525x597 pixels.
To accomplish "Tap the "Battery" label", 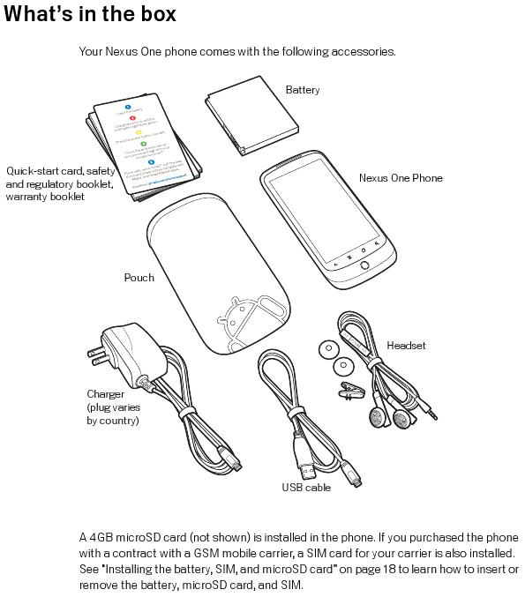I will (x=303, y=90).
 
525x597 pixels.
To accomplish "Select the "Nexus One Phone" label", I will (x=400, y=178).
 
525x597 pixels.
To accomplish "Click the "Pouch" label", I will (x=139, y=278).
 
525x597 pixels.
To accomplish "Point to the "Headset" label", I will (x=406, y=346).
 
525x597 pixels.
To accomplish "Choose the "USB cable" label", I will (x=306, y=487).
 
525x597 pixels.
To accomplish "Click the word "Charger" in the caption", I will (x=105, y=394).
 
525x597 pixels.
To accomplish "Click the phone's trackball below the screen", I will (x=361, y=264).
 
